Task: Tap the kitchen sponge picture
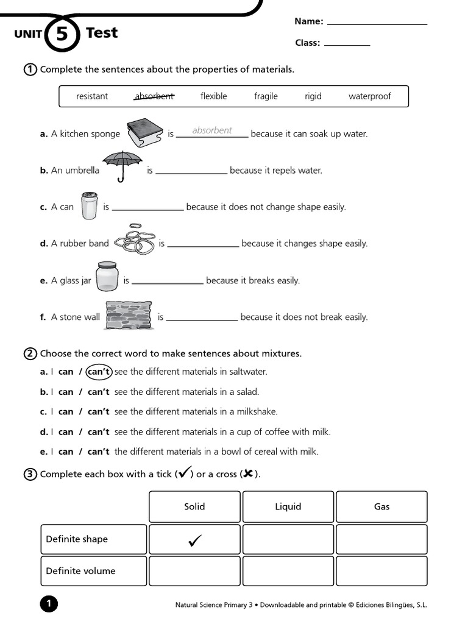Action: [144, 132]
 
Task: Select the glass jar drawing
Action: [107, 277]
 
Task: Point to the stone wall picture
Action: [129, 316]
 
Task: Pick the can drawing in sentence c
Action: [88, 205]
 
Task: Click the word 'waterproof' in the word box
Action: [369, 96]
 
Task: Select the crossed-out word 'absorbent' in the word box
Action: [154, 96]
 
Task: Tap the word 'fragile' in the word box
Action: [266, 96]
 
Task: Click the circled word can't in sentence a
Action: [99, 371]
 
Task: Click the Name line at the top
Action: [377, 23]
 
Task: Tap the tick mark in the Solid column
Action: [195, 540]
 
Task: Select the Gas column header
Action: [381, 506]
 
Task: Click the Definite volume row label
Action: [80, 571]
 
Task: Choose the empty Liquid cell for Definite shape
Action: [288, 539]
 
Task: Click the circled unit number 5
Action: [62, 34]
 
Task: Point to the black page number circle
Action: [49, 604]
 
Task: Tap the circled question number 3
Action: [30, 474]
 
